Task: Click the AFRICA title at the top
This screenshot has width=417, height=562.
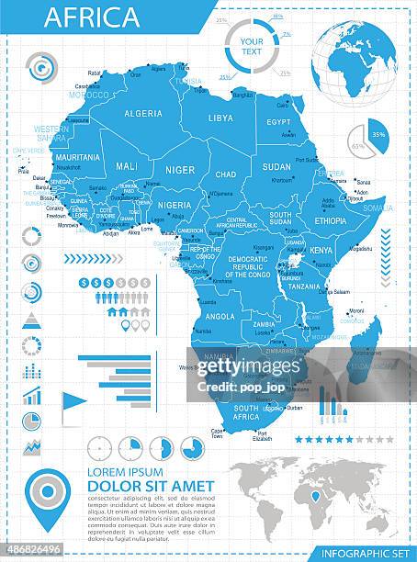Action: (x=93, y=17)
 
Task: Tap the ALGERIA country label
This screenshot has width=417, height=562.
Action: (x=142, y=113)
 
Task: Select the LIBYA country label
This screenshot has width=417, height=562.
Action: (x=220, y=118)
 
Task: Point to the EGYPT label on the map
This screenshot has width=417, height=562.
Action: (x=278, y=122)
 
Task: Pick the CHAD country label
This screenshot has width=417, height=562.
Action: (x=226, y=174)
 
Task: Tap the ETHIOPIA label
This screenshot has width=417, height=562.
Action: (x=331, y=220)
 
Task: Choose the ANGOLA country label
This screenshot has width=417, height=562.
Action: (x=220, y=316)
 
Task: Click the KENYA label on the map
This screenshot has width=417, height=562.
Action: (x=321, y=250)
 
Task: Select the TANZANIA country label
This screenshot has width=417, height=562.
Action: (x=304, y=287)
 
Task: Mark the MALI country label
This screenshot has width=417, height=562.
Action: (x=127, y=166)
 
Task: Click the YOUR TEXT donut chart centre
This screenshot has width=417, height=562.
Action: (x=251, y=47)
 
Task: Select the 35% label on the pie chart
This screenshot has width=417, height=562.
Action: (x=378, y=134)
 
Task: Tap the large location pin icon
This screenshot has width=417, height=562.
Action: (x=47, y=496)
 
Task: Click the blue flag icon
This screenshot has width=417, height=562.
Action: (x=73, y=401)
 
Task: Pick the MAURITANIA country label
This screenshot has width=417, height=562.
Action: (x=77, y=157)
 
